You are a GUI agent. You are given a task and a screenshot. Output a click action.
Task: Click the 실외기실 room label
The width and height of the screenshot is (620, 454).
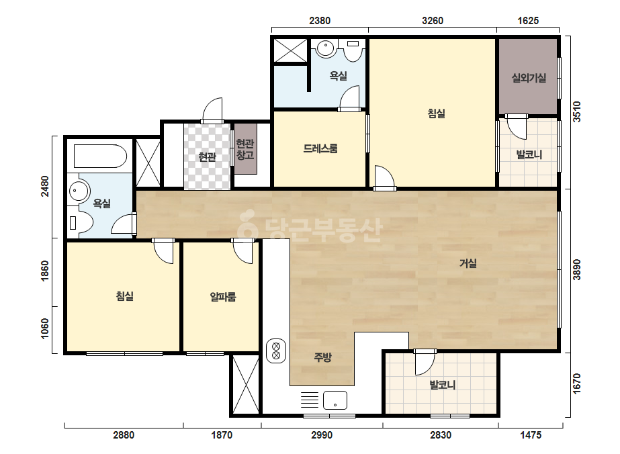(x=529, y=78)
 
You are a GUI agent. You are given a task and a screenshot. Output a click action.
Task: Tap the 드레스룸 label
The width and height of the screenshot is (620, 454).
(x=320, y=148)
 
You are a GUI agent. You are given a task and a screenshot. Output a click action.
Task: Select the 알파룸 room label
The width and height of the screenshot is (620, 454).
(x=223, y=296)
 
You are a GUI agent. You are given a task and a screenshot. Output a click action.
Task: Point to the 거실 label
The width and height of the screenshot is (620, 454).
(x=468, y=263)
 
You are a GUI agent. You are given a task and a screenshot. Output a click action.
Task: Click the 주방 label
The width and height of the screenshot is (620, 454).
(x=322, y=357)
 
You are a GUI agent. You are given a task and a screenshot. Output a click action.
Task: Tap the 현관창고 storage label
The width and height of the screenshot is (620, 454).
(x=245, y=149)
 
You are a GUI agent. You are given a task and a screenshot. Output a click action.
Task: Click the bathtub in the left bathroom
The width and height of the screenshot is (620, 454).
(x=101, y=156)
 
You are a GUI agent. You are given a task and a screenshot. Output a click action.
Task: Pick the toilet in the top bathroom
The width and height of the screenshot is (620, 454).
(x=353, y=50)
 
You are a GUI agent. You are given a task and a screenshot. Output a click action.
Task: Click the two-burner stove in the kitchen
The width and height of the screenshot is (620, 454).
(x=276, y=351)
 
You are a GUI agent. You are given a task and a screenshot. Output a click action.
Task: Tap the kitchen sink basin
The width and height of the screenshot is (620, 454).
(x=335, y=400)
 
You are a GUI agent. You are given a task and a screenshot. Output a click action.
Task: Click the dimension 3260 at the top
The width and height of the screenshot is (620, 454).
(x=433, y=21)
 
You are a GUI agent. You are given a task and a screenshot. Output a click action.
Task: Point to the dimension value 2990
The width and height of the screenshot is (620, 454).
(x=322, y=435)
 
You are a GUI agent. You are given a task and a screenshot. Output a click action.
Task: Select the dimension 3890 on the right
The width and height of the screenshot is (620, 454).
(x=577, y=270)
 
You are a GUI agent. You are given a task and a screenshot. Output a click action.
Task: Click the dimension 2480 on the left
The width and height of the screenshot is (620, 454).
(x=45, y=186)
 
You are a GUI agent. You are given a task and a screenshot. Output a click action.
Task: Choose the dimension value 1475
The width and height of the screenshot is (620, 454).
(x=531, y=435)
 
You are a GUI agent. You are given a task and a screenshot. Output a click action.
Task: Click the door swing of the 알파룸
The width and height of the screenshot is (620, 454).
(x=242, y=252)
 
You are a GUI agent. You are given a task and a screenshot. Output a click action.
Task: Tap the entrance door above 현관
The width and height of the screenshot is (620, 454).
(x=212, y=111)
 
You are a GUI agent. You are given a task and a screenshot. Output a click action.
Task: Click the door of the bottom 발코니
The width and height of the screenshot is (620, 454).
(x=425, y=362)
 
